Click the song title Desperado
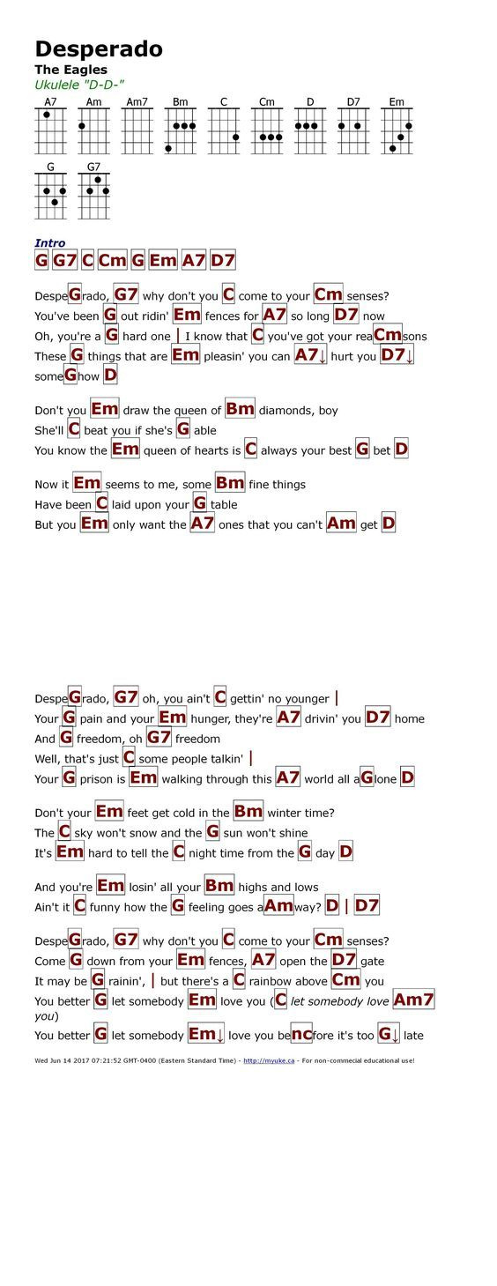pos(99,48)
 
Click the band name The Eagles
pos(71,70)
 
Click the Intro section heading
pos(50,243)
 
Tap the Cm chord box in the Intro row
pos(112,261)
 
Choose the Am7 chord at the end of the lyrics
pos(413,1000)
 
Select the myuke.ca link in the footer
pos(270,1060)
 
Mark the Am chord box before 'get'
pos(341,524)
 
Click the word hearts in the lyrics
pos(211,450)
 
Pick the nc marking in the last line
pos(301,1034)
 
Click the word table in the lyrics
pos(224,505)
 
